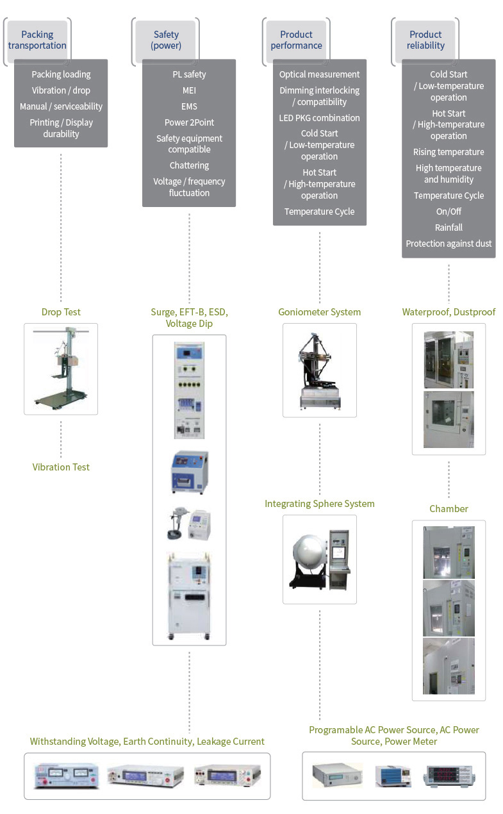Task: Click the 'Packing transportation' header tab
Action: coord(37,40)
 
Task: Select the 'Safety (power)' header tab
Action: coord(166,40)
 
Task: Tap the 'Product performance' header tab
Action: coord(296,40)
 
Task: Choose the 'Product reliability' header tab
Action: coord(425,40)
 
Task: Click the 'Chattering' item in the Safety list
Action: coord(189,165)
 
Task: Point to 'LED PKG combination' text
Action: coord(319,118)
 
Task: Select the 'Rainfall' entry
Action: coord(449,228)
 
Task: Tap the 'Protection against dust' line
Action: coord(449,244)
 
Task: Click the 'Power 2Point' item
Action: coord(189,122)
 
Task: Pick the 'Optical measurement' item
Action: coord(319,74)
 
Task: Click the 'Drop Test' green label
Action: coord(61,312)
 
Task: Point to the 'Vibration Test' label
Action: coord(61,467)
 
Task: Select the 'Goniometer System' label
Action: coord(319,312)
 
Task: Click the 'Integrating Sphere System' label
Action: coord(319,504)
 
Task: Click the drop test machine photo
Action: coord(61,369)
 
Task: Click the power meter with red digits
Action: coord(449,776)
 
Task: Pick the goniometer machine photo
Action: coord(320,371)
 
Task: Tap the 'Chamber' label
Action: coord(449,509)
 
